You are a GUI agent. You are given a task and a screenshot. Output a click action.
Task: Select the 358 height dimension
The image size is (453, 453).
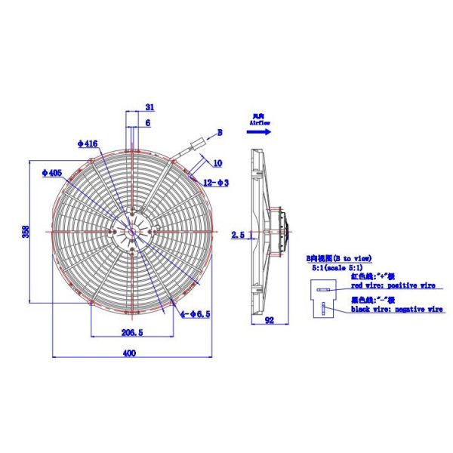click(25, 230)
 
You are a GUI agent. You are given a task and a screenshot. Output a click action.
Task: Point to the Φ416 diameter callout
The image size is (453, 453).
click(88, 142)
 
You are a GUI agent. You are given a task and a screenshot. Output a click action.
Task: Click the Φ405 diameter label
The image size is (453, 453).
click(51, 173)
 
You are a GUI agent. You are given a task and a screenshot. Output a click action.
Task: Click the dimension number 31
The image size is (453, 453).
click(149, 106)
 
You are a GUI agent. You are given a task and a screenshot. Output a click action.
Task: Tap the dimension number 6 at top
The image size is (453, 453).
click(147, 122)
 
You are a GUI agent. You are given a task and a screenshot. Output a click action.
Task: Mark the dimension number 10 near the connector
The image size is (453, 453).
click(217, 162)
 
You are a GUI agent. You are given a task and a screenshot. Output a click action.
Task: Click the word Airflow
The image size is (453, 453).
click(260, 121)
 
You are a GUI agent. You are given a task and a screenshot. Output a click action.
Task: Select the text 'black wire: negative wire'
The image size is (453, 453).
click(396, 309)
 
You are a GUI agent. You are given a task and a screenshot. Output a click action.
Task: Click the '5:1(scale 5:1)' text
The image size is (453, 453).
click(337, 267)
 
